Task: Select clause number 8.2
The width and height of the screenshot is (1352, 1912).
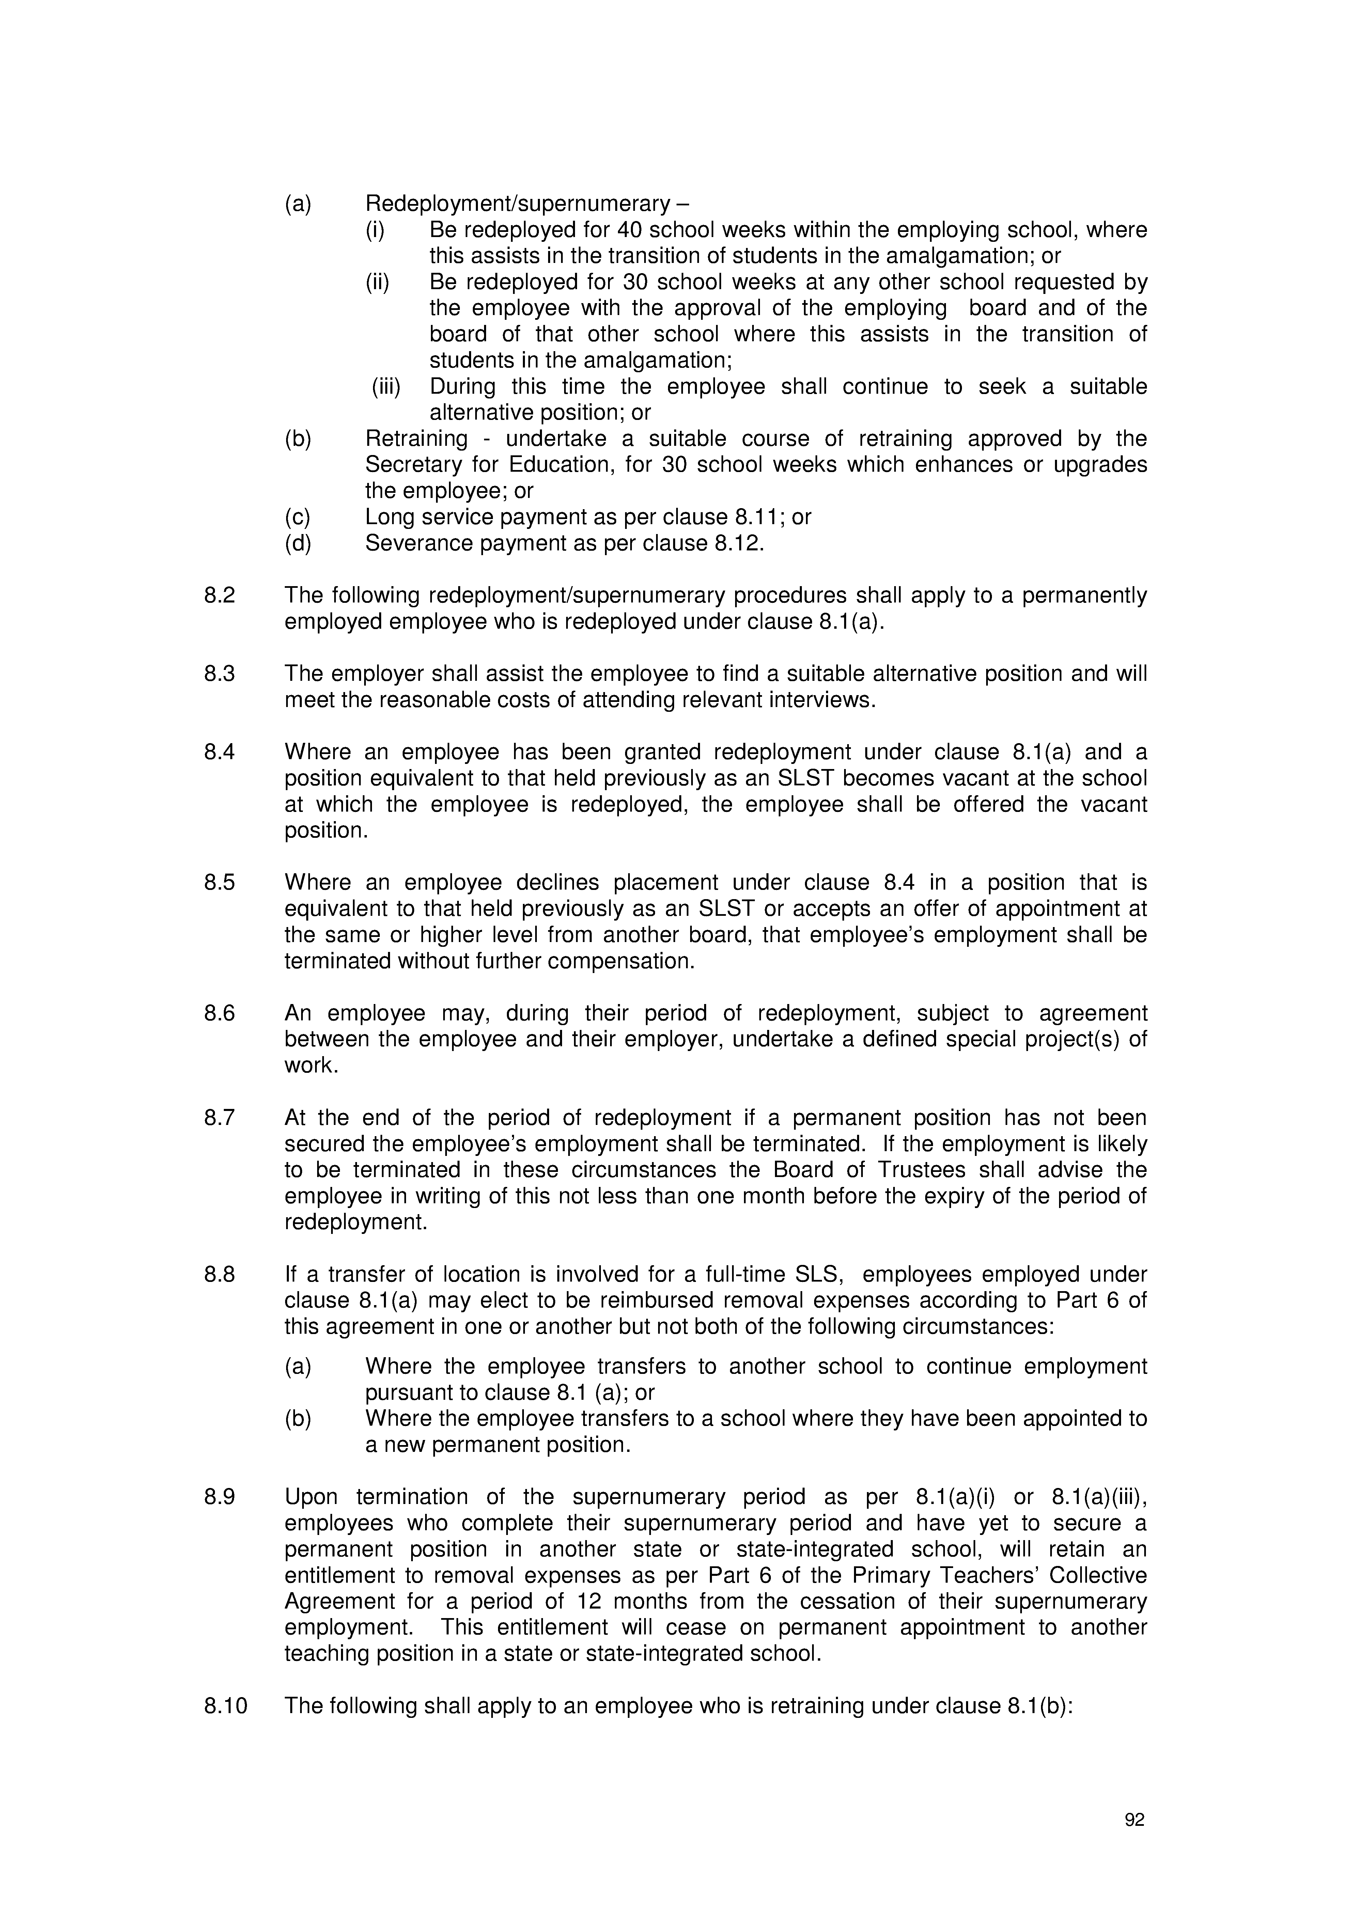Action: (220, 596)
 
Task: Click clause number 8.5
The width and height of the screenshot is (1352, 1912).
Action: (220, 883)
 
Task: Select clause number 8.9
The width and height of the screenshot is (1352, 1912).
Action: (220, 1497)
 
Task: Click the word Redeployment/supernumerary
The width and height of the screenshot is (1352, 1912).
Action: (516, 204)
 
